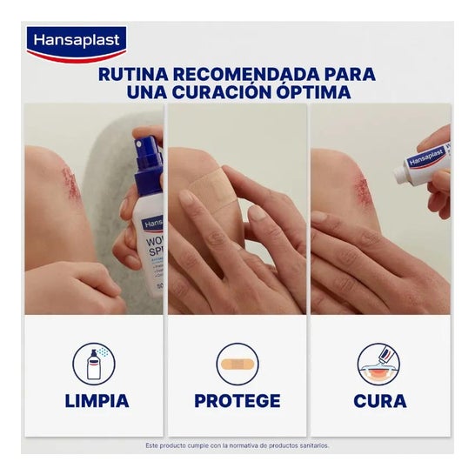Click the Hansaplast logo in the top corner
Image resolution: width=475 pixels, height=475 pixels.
click(x=77, y=41)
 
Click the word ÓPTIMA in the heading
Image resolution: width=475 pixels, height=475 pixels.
click(x=311, y=92)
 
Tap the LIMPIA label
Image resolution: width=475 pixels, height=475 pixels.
click(x=96, y=401)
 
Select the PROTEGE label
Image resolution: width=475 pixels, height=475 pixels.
click(x=237, y=401)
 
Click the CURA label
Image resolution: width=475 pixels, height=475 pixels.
click(x=379, y=401)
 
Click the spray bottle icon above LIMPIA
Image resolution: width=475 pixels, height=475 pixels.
click(x=96, y=363)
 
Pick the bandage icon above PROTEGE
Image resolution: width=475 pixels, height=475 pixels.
click(x=237, y=365)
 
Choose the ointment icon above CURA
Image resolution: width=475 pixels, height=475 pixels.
click(x=379, y=364)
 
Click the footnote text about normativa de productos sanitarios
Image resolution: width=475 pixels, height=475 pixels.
click(x=237, y=446)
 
